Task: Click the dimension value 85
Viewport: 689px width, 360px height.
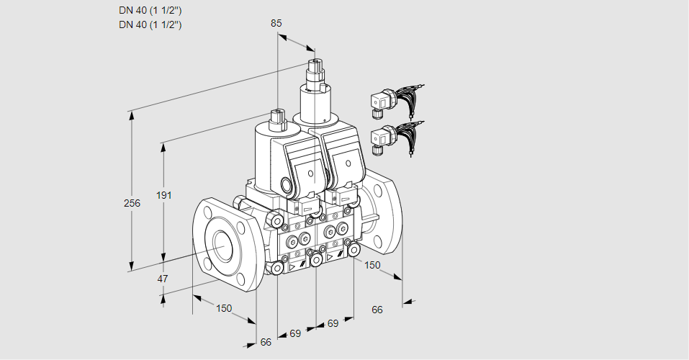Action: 276,23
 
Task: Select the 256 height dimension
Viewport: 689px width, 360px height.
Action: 132,203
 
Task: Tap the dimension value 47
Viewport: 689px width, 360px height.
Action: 163,279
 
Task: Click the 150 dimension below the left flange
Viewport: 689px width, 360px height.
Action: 224,308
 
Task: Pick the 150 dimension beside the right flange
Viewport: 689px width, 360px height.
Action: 371,265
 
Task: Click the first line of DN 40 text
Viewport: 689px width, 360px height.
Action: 150,11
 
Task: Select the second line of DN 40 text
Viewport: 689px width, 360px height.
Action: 150,24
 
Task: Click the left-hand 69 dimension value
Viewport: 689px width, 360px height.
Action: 295,333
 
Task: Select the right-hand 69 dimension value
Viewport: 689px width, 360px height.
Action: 333,323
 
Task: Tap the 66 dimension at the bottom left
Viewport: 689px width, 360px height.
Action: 266,342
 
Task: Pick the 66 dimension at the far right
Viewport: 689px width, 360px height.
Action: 377,310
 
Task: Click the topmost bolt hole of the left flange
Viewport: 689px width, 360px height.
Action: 208,212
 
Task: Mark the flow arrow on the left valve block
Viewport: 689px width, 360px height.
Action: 293,266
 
